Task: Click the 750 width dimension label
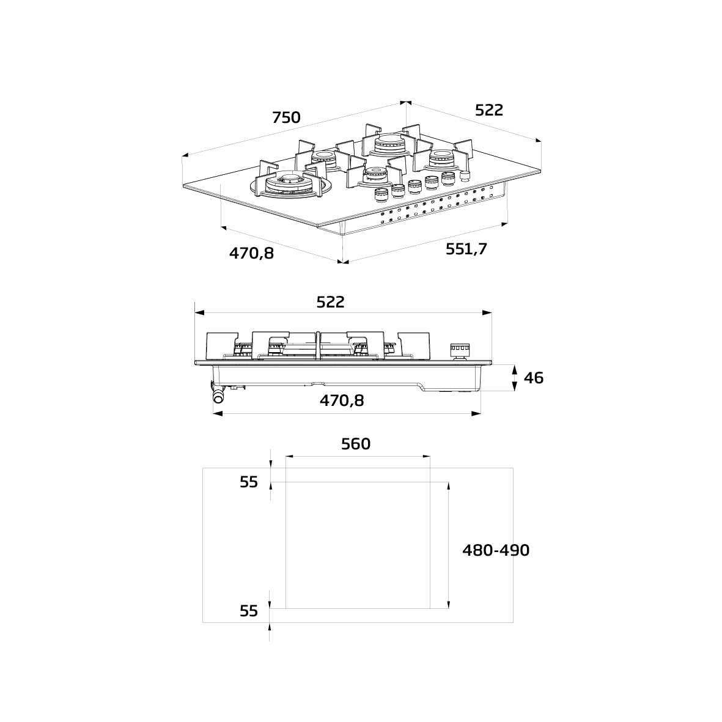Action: point(286,117)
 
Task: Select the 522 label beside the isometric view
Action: point(489,110)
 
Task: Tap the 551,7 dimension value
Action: point(466,249)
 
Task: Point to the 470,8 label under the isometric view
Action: point(251,252)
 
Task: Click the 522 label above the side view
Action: point(331,302)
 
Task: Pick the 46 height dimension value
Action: point(533,378)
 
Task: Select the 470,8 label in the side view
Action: point(342,400)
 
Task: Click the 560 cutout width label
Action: point(356,444)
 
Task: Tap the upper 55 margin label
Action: point(249,482)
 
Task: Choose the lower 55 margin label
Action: point(249,611)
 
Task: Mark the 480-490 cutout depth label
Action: point(496,550)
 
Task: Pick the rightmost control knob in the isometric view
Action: point(465,176)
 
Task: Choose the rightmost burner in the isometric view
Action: point(441,160)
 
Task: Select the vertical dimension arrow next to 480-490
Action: point(449,545)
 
